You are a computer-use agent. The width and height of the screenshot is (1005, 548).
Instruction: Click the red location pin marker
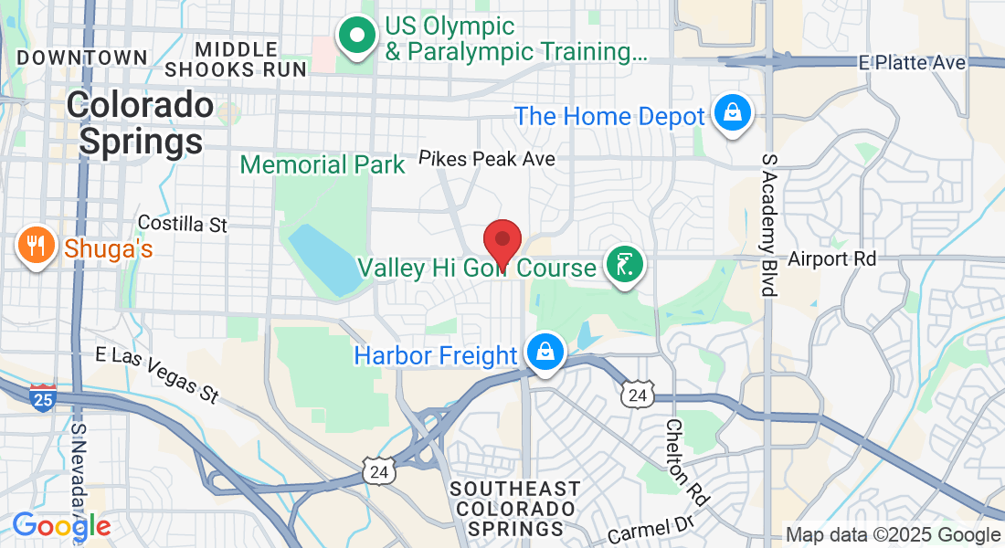[502, 241]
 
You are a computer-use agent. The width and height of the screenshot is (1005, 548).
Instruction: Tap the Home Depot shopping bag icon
[732, 113]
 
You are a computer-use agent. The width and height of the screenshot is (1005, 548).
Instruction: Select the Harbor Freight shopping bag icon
[545, 351]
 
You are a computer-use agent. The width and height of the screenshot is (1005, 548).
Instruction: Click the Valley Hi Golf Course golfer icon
[623, 266]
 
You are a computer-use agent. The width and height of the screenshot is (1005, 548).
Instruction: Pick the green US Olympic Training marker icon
[358, 37]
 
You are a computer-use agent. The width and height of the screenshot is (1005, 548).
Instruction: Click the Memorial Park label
[322, 165]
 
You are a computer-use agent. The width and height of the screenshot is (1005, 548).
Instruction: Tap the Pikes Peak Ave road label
[487, 159]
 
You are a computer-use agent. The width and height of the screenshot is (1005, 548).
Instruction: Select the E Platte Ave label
[912, 62]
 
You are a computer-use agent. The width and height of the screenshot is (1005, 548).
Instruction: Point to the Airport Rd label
[831, 259]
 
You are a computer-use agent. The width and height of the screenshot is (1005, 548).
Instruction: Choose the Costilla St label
[182, 224]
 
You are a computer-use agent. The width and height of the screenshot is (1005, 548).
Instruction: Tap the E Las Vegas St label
[158, 374]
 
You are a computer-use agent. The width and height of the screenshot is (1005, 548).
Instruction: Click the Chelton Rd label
[686, 463]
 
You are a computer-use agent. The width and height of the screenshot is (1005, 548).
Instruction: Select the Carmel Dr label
[650, 527]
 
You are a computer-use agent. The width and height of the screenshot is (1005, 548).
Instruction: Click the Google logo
[61, 525]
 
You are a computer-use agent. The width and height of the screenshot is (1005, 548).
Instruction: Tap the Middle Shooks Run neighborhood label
[236, 58]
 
